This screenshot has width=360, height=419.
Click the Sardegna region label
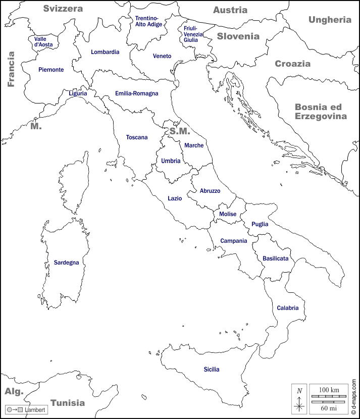pyautogui.click(x=66, y=263)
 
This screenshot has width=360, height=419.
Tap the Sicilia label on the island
pyautogui.click(x=212, y=370)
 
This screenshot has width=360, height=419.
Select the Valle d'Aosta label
pyautogui.click(x=43, y=41)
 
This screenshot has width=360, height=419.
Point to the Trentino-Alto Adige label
pyautogui.click(x=147, y=21)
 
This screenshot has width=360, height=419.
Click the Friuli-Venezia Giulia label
pyautogui.click(x=193, y=34)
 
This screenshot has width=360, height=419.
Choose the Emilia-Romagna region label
pyautogui.click(x=136, y=93)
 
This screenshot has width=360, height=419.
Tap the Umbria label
pyautogui.click(x=171, y=161)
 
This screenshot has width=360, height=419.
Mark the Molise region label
pyautogui.click(x=228, y=214)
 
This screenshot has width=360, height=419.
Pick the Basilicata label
pyautogui.click(x=275, y=258)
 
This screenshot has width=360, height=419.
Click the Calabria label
pyautogui.click(x=287, y=308)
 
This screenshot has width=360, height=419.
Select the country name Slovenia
pyautogui.click(x=238, y=36)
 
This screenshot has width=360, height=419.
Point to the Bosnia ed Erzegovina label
pyautogui.click(x=321, y=112)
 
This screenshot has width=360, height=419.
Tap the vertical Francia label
pyautogui.click(x=11, y=69)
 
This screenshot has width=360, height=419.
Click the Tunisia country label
pyautogui.click(x=68, y=403)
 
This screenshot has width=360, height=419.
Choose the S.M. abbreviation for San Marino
pyautogui.click(x=179, y=131)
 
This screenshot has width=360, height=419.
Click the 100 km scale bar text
pyautogui.click(x=329, y=390)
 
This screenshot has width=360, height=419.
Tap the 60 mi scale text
pyautogui.click(x=329, y=407)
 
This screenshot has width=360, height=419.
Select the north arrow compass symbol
pyautogui.click(x=299, y=399)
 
